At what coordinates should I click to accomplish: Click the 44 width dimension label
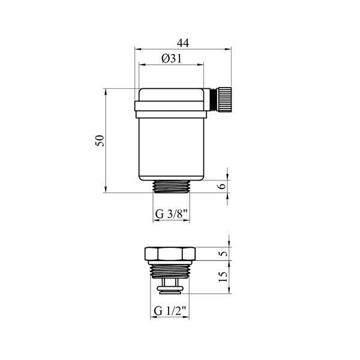(183, 43)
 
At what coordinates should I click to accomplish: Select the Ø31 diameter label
(172, 59)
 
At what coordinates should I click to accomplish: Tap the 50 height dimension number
(100, 141)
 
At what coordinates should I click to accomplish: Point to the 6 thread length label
(222, 185)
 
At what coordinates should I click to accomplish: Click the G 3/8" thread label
(172, 214)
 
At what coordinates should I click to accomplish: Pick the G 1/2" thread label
(170, 311)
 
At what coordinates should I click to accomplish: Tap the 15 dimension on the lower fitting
(223, 277)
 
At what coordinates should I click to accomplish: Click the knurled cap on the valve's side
(224, 99)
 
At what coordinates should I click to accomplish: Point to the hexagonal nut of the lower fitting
(170, 254)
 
